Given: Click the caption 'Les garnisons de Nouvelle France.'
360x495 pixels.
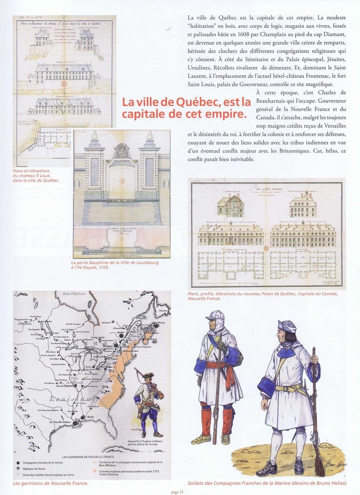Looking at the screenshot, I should [x=50, y=483].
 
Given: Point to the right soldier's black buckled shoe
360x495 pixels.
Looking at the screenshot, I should [x=268, y=470].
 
